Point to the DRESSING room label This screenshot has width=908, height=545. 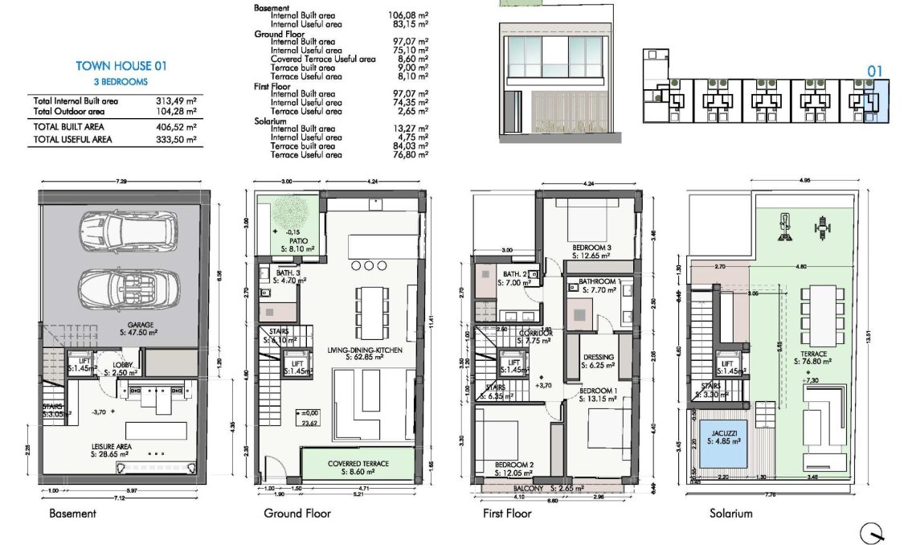[x=599, y=358]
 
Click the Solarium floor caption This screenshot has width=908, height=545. [x=730, y=514]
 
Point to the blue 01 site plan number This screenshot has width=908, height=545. [x=875, y=72]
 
